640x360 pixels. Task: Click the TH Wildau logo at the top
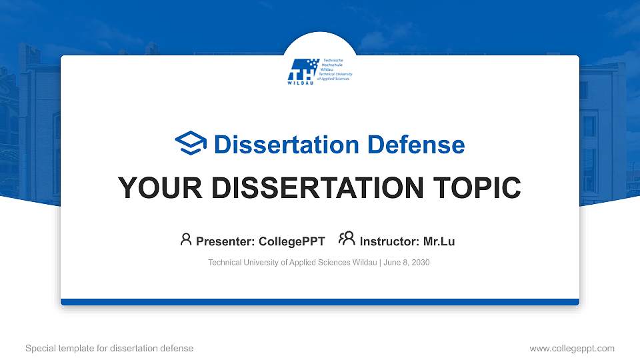[319, 71]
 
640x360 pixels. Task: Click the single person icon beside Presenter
[186, 239]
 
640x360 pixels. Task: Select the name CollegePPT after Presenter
[291, 241]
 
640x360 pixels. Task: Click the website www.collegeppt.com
[571, 348]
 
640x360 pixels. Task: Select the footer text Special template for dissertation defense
[109, 348]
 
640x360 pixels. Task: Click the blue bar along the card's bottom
[320, 302]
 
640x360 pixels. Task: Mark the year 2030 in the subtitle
[421, 263]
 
